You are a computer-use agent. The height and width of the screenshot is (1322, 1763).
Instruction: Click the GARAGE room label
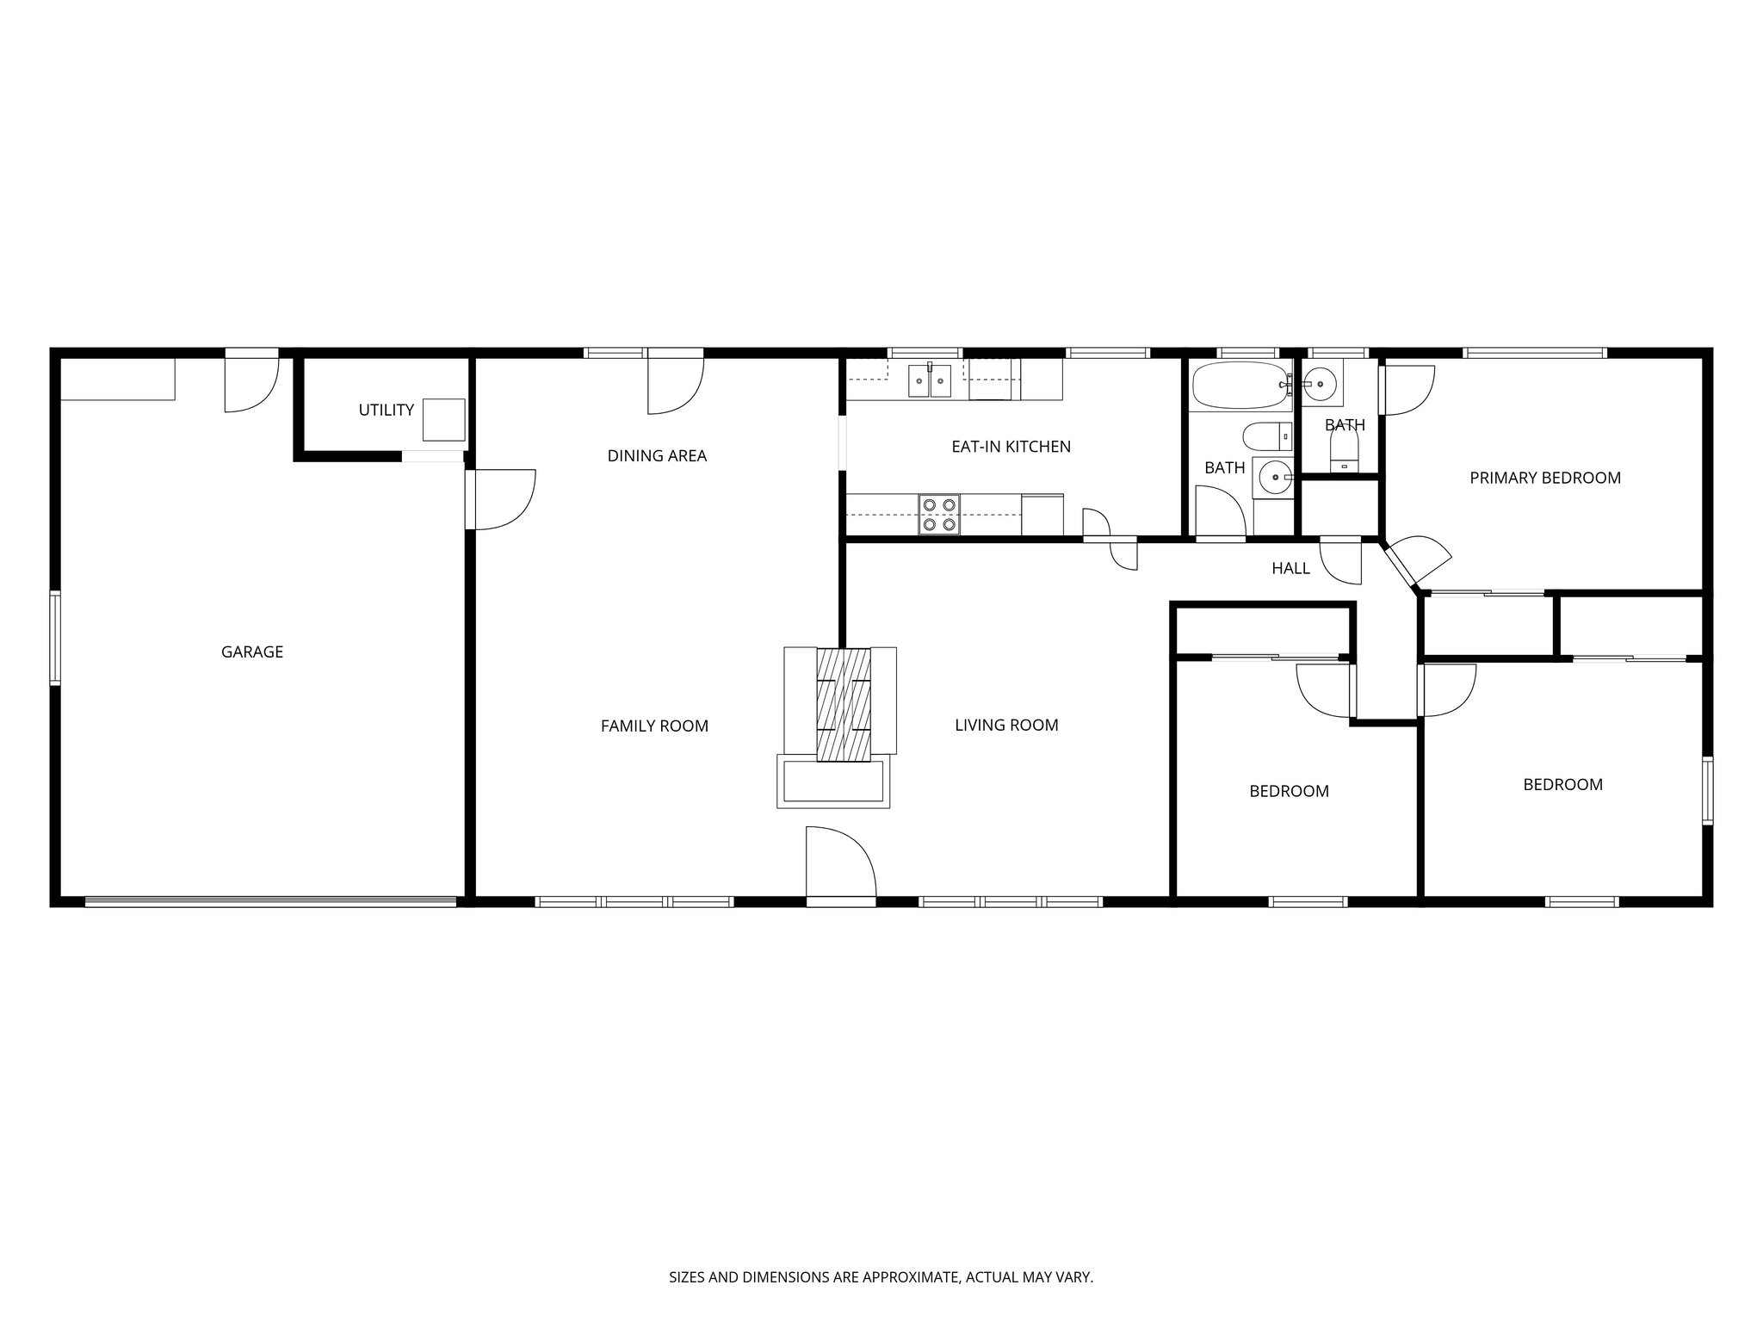point(251,652)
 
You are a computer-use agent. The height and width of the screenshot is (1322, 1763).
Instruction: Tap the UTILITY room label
point(386,411)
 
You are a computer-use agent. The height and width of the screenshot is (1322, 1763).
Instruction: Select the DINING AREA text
point(657,456)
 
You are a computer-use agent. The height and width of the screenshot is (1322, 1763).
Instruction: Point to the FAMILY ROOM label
point(654,726)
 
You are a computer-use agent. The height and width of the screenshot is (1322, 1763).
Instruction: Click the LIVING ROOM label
point(1006,726)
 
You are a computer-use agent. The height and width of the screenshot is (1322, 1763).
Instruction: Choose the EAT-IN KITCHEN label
point(1011,447)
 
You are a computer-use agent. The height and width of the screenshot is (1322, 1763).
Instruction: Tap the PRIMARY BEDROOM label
point(1544,478)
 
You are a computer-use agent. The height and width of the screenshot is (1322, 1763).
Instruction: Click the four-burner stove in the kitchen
point(938,515)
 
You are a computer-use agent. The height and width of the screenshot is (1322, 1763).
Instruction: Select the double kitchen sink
point(930,380)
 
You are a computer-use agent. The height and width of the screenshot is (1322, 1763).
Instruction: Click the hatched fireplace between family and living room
point(844,704)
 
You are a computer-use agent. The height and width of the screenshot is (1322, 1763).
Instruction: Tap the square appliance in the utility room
point(443,420)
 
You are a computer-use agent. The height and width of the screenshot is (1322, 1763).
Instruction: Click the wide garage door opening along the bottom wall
point(270,902)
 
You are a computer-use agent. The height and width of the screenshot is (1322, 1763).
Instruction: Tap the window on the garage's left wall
point(54,638)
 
